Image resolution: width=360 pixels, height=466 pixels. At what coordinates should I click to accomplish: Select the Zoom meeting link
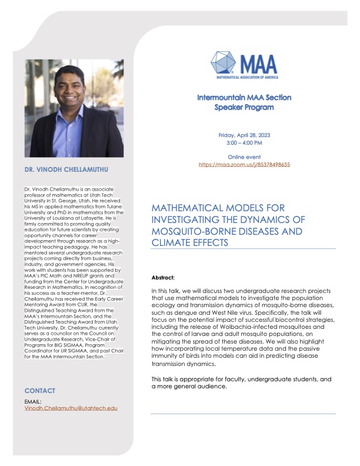pyautogui.click(x=244, y=165)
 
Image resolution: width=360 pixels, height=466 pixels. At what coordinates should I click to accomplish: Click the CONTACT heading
pyautogui.click(x=40, y=391)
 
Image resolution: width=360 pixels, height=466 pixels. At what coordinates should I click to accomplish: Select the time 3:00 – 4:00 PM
pyautogui.click(x=244, y=143)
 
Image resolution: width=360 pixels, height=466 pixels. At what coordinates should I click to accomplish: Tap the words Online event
pyautogui.click(x=244, y=157)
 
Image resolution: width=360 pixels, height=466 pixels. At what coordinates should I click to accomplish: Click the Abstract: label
pyautogui.click(x=164, y=277)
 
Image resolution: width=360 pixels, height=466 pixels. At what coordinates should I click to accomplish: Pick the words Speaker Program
pyautogui.click(x=244, y=108)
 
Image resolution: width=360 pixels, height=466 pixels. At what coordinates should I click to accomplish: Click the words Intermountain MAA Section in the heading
pyautogui.click(x=244, y=98)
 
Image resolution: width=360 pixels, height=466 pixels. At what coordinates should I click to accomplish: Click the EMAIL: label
pyautogui.click(x=34, y=401)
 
